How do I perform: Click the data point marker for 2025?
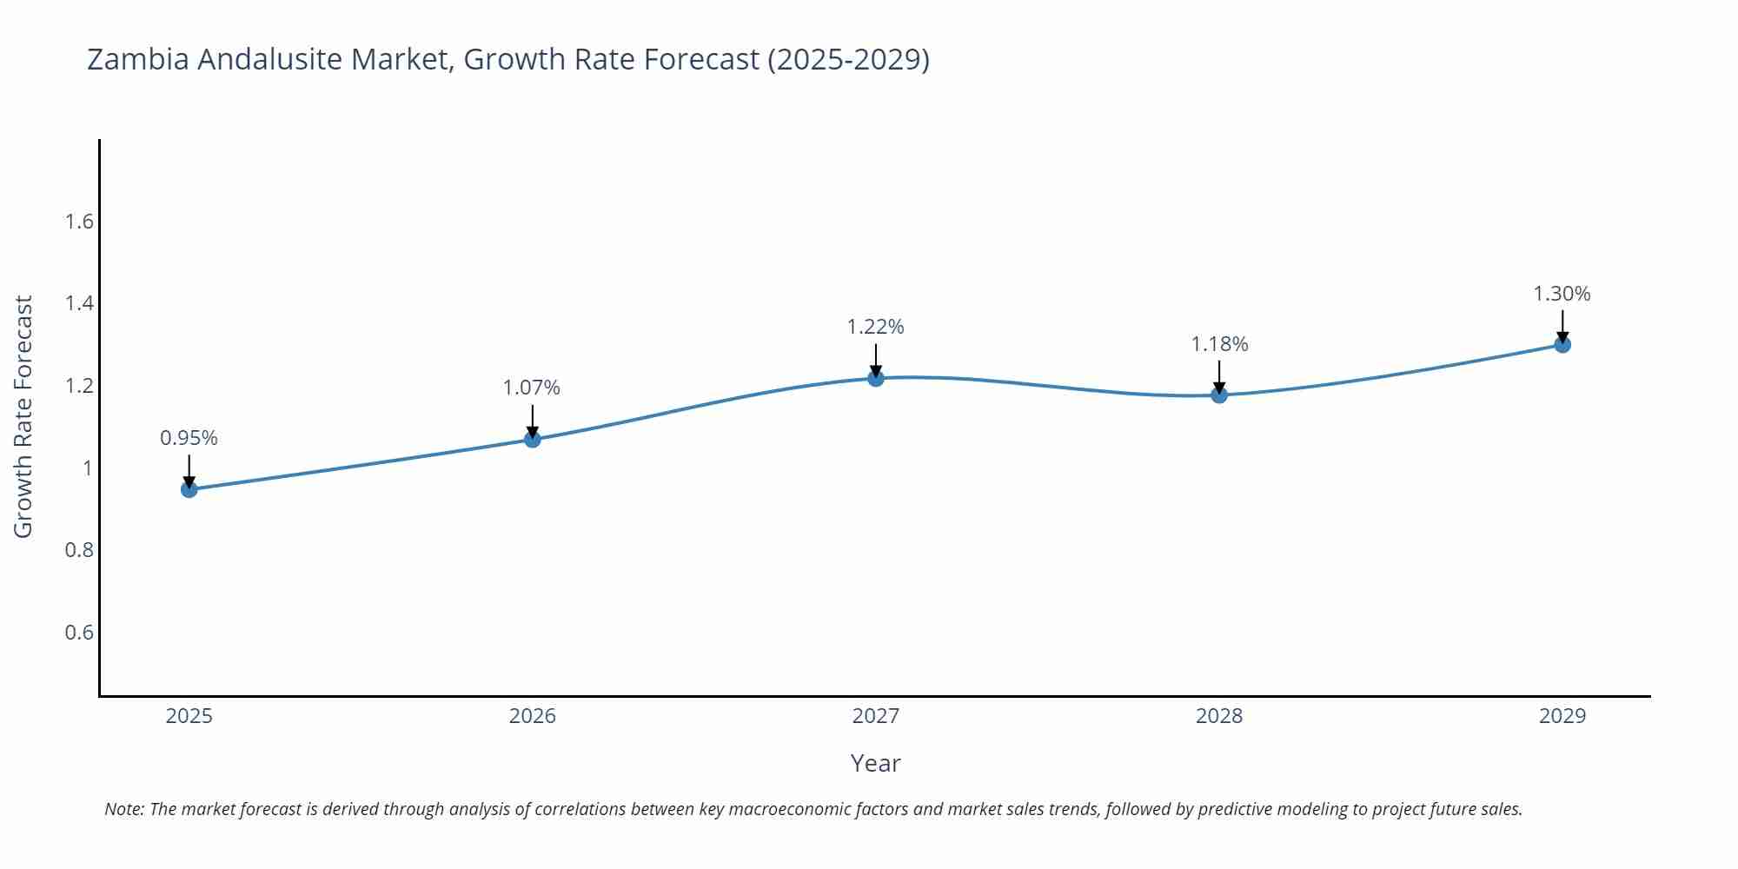[x=189, y=489]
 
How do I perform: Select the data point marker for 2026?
[x=533, y=440]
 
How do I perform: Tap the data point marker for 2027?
[x=876, y=378]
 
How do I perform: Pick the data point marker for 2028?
[x=1219, y=395]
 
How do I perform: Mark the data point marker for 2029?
[x=1562, y=345]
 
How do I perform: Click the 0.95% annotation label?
[x=189, y=438]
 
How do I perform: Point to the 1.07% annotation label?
[x=532, y=388]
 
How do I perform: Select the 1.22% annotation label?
[x=875, y=327]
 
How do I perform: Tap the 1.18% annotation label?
[x=1219, y=344]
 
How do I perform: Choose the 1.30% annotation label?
[x=1562, y=294]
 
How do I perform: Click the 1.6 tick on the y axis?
[x=79, y=222]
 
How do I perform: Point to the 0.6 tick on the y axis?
[x=79, y=632]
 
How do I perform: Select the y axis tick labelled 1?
[x=87, y=468]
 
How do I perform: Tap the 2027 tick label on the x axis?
[x=875, y=716]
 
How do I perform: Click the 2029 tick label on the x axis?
[x=1562, y=716]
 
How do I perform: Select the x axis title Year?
[x=875, y=763]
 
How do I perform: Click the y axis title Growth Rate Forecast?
[x=23, y=417]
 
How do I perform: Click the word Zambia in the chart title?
[x=138, y=59]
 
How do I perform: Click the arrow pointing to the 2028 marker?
[x=1219, y=377]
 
